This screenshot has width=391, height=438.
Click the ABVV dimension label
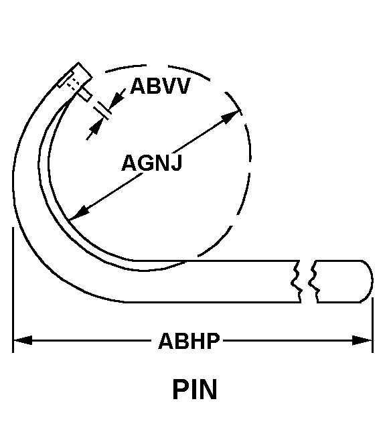[160, 86]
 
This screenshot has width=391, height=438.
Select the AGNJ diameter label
[152, 163]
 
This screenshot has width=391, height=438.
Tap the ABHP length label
[189, 341]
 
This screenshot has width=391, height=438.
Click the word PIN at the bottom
[195, 390]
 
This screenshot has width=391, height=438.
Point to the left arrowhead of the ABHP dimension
[22, 340]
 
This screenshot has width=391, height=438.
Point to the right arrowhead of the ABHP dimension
[362, 340]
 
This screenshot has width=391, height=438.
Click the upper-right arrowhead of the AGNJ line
[230, 117]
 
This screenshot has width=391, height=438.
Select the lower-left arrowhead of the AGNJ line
[79, 213]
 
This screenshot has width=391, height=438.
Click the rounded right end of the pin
[368, 281]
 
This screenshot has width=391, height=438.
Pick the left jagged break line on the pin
[297, 281]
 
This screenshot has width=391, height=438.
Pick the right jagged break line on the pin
[314, 281]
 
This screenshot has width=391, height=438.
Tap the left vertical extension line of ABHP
[13, 290]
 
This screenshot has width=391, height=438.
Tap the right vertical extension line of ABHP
[372, 325]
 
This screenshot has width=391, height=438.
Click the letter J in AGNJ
[176, 163]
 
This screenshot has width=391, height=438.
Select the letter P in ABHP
[214, 341]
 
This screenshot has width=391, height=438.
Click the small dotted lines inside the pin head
[73, 83]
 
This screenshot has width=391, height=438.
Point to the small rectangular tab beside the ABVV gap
[85, 94]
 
